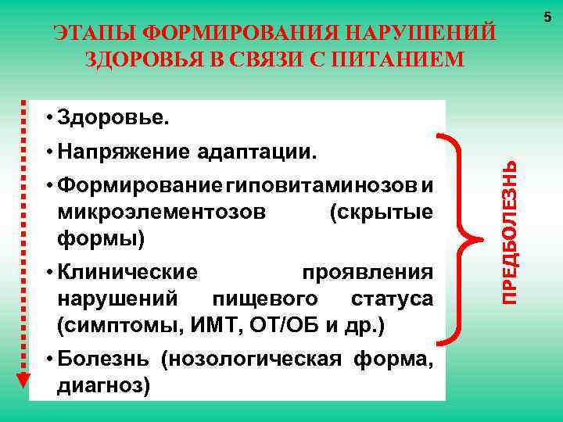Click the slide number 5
click(x=546, y=15)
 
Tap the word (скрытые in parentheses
click(x=382, y=212)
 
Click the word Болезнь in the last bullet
click(x=106, y=359)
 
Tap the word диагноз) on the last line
click(x=103, y=385)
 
